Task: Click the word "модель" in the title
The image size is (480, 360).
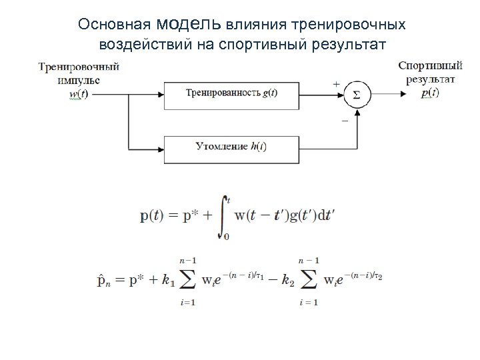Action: (189, 24)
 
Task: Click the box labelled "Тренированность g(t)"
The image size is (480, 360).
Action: (231, 93)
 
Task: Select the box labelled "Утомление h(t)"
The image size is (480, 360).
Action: (231, 147)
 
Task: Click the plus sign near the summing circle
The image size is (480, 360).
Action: (335, 84)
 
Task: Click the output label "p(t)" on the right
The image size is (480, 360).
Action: (430, 93)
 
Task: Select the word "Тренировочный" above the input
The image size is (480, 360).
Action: (79, 67)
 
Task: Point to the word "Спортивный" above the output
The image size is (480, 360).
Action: (430, 66)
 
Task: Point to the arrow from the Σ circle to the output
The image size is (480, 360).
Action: (388, 93)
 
